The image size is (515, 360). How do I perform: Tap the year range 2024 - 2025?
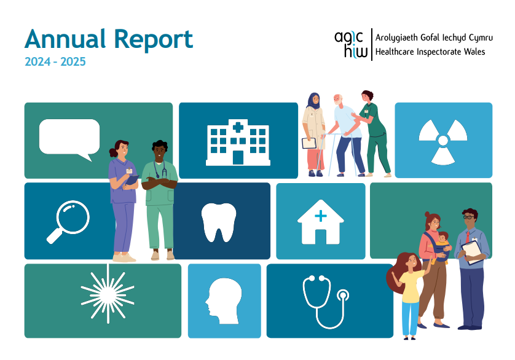coord(55,62)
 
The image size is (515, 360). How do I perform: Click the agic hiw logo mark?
coord(351,44)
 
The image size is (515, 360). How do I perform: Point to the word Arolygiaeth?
coord(397,38)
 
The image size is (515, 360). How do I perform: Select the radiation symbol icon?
coord(442,142)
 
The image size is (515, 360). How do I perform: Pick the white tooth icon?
coord(219,222)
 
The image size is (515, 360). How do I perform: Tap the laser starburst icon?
coord(107,299)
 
